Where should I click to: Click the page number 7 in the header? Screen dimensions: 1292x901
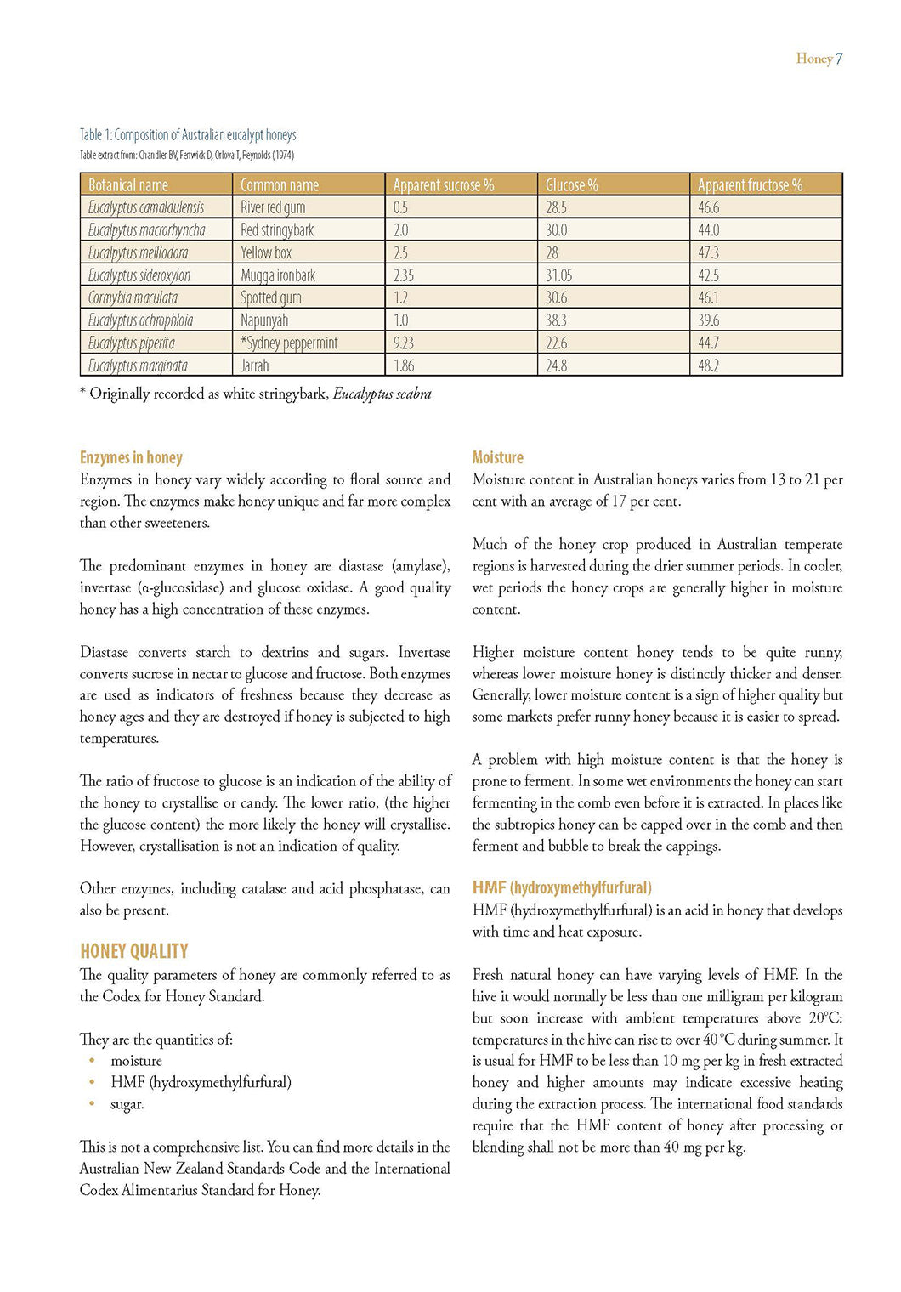[839, 59]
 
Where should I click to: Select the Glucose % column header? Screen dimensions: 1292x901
[572, 185]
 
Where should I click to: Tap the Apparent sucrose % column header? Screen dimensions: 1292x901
[443, 185]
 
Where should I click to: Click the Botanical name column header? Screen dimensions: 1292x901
[128, 185]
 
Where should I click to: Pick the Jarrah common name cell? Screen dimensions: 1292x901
[255, 366]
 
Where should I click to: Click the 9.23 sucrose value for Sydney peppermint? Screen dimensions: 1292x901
[404, 343]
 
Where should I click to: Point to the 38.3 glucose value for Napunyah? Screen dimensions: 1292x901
[556, 320]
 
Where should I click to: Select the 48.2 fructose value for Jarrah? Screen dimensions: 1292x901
[708, 366]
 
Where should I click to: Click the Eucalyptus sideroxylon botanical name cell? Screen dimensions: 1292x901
[139, 275]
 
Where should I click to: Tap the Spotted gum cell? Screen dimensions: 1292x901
[271, 298]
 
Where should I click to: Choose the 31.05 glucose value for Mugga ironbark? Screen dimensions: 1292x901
[558, 275]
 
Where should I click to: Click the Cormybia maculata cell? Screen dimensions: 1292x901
[133, 298]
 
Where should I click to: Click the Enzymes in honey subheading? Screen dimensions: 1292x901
[131, 458]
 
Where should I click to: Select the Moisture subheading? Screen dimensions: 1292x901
[497, 458]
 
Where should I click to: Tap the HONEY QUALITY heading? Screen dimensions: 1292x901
[134, 951]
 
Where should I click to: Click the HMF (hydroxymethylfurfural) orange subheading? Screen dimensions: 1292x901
[562, 888]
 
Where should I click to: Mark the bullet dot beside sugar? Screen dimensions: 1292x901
[92, 1104]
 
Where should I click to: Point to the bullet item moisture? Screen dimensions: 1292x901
[136, 1061]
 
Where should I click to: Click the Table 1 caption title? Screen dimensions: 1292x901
[188, 135]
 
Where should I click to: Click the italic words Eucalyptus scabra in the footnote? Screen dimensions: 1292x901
[382, 394]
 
